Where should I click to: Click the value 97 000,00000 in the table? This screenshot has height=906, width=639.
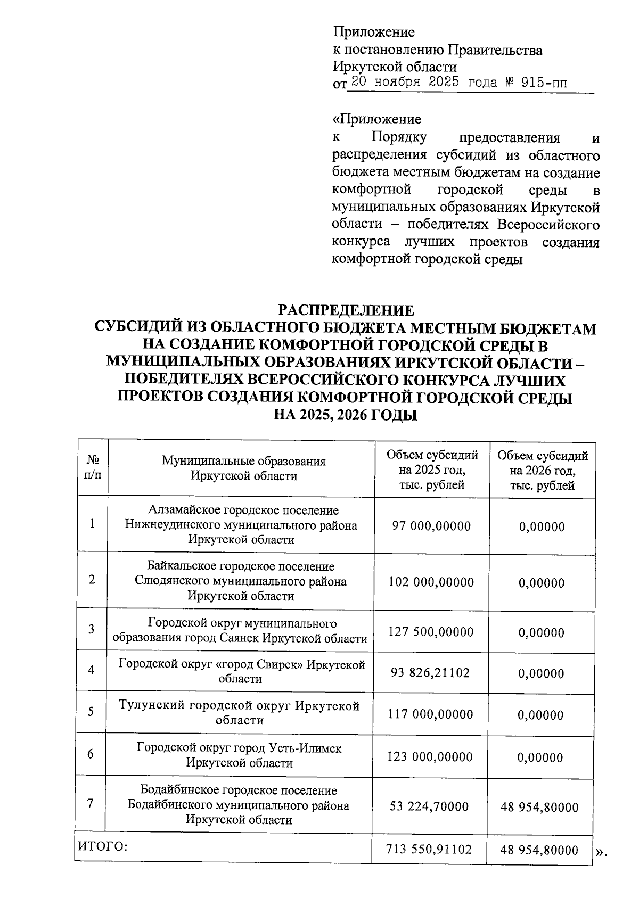(x=431, y=526)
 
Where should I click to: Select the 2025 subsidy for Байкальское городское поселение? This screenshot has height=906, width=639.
(x=431, y=582)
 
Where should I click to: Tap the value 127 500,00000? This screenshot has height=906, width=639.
(x=431, y=632)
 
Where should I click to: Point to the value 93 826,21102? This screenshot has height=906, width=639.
(x=430, y=673)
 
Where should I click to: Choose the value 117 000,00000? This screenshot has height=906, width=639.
(x=430, y=714)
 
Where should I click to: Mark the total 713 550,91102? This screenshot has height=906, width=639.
(x=429, y=849)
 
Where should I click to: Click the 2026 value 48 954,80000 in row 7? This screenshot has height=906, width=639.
(x=539, y=808)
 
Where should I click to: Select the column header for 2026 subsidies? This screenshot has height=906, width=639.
(x=543, y=471)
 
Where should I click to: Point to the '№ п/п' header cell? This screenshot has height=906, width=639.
(x=93, y=467)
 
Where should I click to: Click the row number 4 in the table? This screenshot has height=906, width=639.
(x=92, y=670)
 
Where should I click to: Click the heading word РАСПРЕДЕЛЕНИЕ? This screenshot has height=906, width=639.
(x=346, y=310)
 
